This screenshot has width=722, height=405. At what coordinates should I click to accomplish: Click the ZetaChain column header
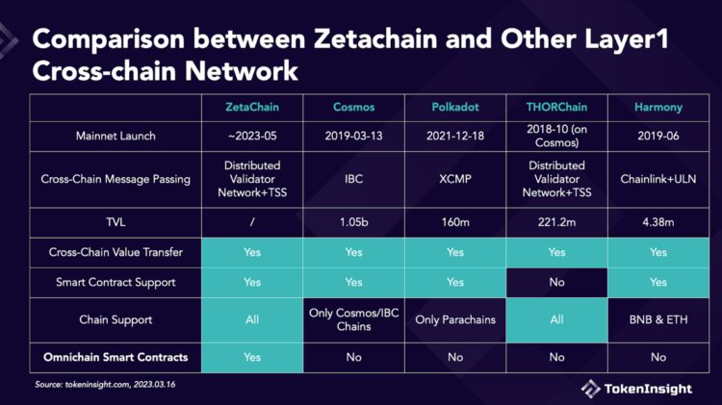click(x=252, y=106)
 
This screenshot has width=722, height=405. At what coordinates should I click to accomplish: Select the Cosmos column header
click(x=353, y=106)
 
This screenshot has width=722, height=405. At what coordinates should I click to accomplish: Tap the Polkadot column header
click(x=454, y=106)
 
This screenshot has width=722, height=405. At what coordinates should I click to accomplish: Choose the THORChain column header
click(x=555, y=106)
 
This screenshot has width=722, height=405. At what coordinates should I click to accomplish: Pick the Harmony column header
click(x=658, y=106)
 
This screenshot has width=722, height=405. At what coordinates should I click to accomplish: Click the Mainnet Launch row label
click(x=115, y=136)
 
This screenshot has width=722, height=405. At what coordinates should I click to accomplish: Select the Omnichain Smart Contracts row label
click(x=115, y=357)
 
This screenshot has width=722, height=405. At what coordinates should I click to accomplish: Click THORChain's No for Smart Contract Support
click(x=555, y=283)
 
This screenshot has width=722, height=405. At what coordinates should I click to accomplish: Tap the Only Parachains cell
click(x=454, y=319)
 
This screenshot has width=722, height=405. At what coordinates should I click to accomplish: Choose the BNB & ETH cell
click(x=658, y=319)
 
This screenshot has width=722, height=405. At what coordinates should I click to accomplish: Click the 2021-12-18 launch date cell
click(x=454, y=136)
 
